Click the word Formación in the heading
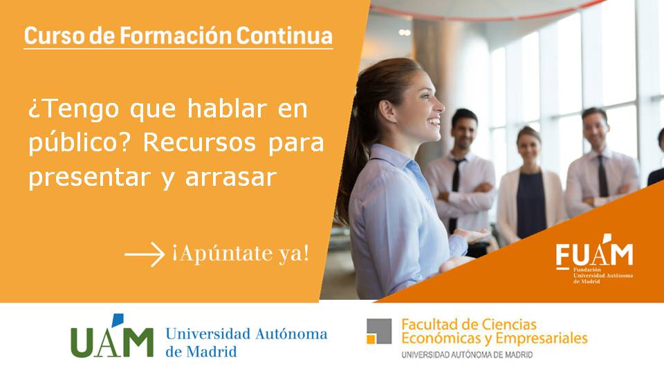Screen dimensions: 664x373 point(176,35)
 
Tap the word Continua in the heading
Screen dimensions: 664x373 point(284,35)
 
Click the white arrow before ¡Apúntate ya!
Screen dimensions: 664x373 point(145,254)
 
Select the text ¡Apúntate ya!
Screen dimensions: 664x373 point(241,254)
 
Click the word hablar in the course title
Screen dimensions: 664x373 point(227,108)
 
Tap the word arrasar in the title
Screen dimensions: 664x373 point(231,178)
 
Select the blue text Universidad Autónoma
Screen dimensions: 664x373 point(246,334)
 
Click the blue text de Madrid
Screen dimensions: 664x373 point(201,351)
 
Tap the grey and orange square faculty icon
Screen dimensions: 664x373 point(379,331)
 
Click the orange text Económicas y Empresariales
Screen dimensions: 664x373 point(494,338)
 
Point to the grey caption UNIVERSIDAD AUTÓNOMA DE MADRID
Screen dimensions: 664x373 point(467,355)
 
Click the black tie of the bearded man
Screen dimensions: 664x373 point(455,191)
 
